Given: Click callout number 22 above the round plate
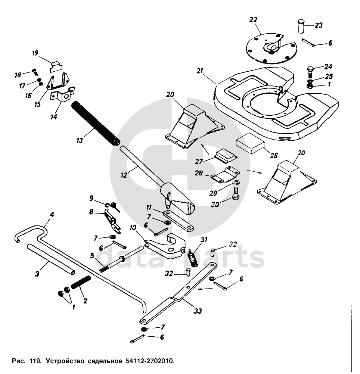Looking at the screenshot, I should tap(254, 19).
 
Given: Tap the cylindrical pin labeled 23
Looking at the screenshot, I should tap(302, 27).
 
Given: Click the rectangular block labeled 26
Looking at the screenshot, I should tap(250, 144).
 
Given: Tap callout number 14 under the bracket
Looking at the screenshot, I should tap(54, 117).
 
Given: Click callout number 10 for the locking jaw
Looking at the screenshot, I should tap(133, 227).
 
